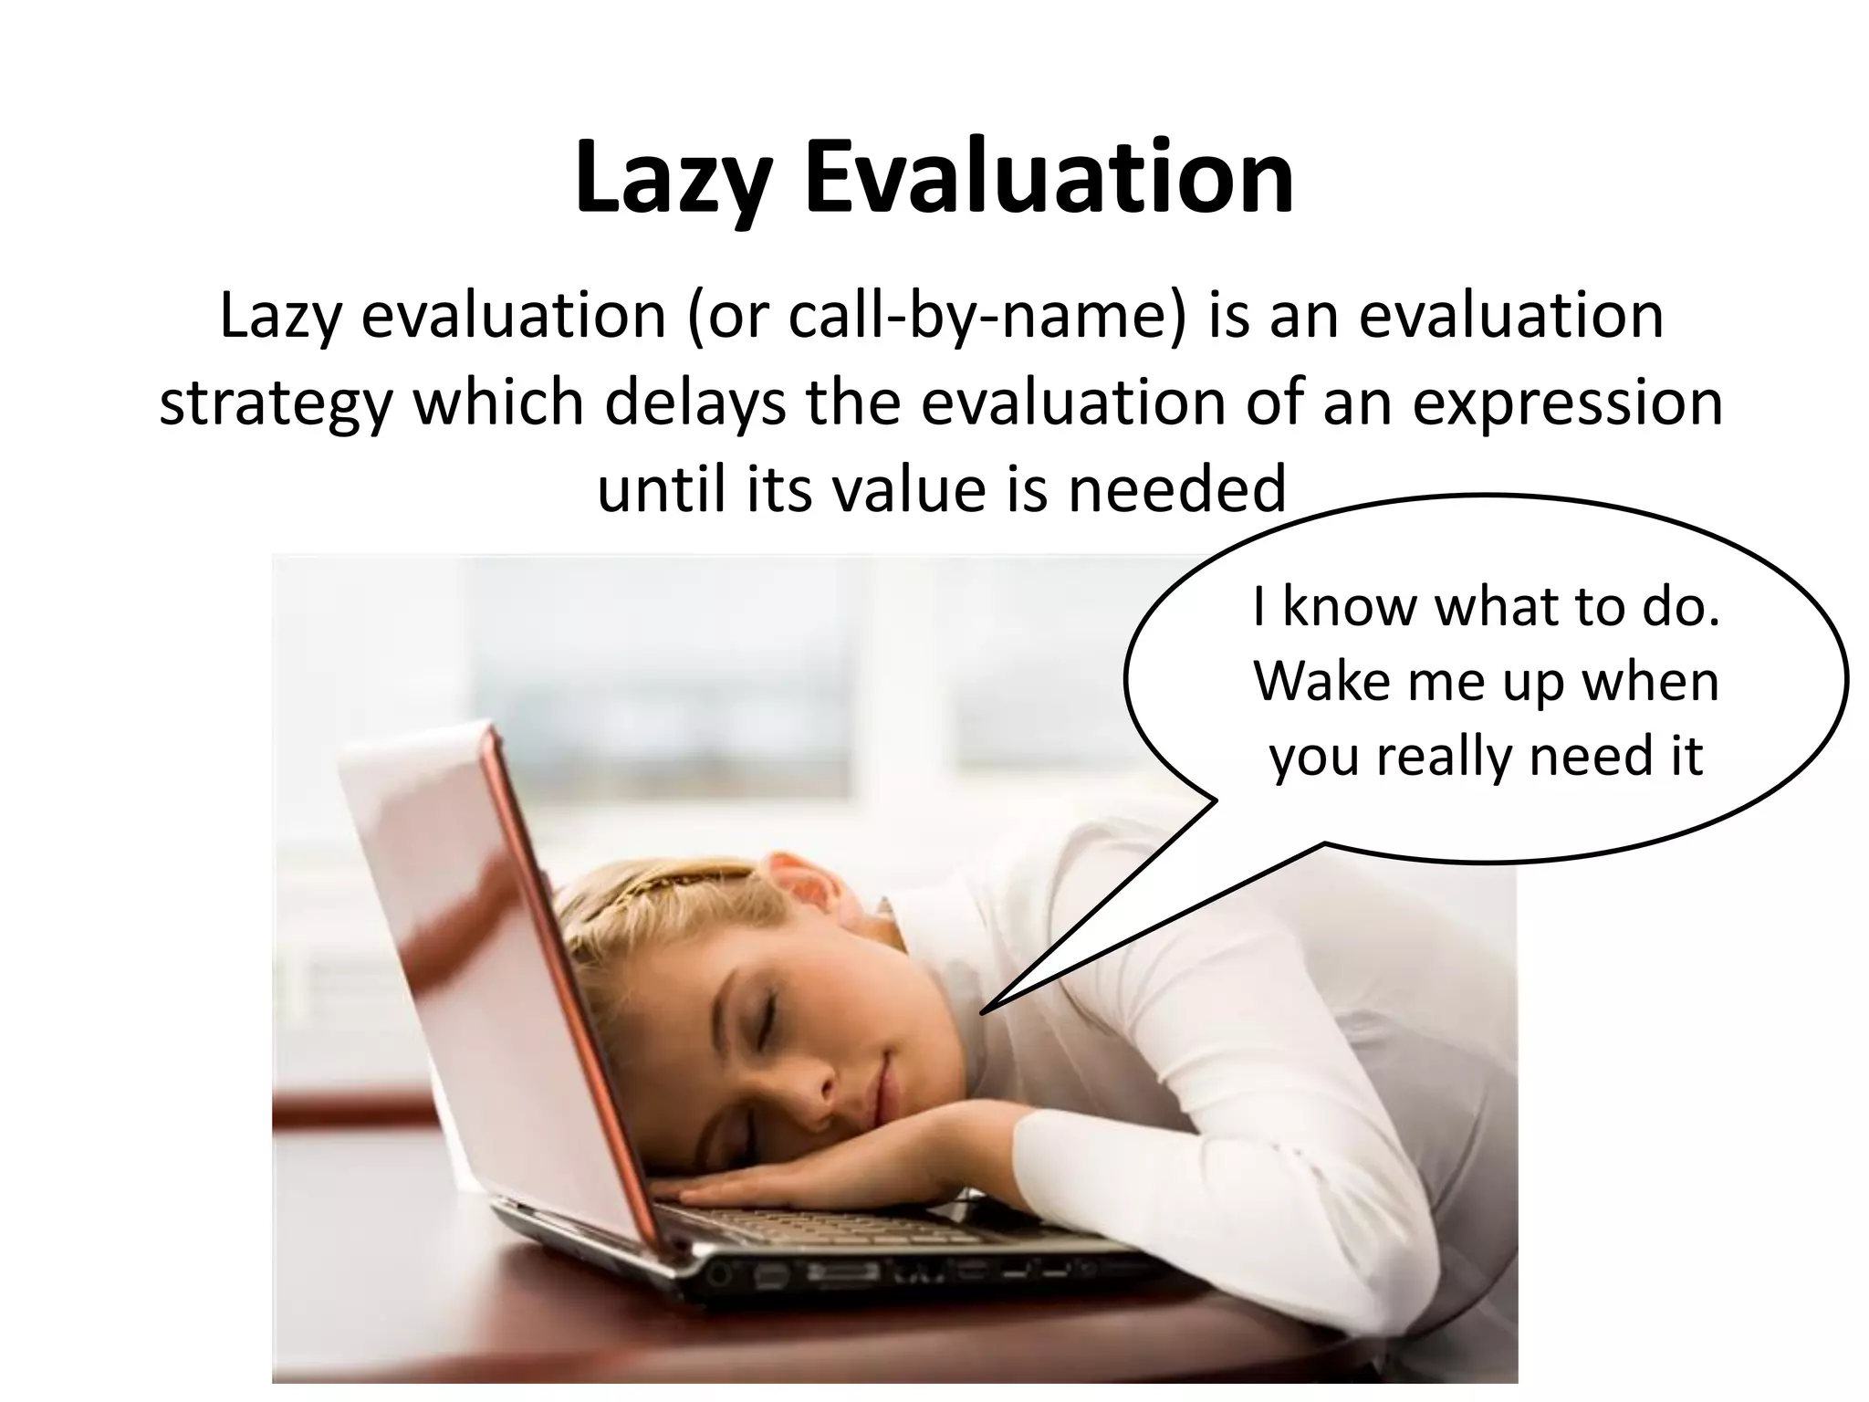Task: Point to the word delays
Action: pyautogui.click(x=694, y=403)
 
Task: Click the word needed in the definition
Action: pyautogui.click(x=1177, y=488)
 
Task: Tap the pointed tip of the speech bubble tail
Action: pyautogui.click(x=983, y=1011)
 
